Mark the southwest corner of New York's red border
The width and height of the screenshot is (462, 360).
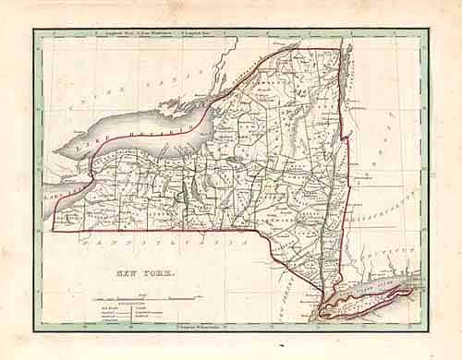coord(54,227)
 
